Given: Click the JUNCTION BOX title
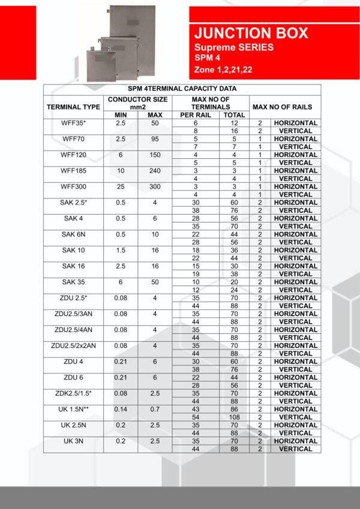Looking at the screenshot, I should pos(251,33).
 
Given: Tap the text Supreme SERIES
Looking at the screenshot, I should pos(233,47).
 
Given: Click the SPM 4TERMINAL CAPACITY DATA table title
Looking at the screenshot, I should pos(182,89).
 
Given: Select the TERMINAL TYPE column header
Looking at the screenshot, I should pos(73,107).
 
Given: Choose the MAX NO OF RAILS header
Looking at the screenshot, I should pos(282,107).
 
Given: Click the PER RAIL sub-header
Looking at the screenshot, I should pos(195,115).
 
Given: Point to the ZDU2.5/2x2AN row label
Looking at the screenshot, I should pos(73,345).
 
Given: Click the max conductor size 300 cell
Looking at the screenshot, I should pos(155,186).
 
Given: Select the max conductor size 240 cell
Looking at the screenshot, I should pos(155,170).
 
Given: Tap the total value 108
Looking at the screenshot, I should pos(233,417).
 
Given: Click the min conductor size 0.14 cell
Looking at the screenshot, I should pos(120,409).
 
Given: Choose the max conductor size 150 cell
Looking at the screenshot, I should pos(155,155).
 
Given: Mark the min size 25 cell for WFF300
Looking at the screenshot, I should pos(120,186).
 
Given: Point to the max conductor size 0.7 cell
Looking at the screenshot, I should pos(155,409).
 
